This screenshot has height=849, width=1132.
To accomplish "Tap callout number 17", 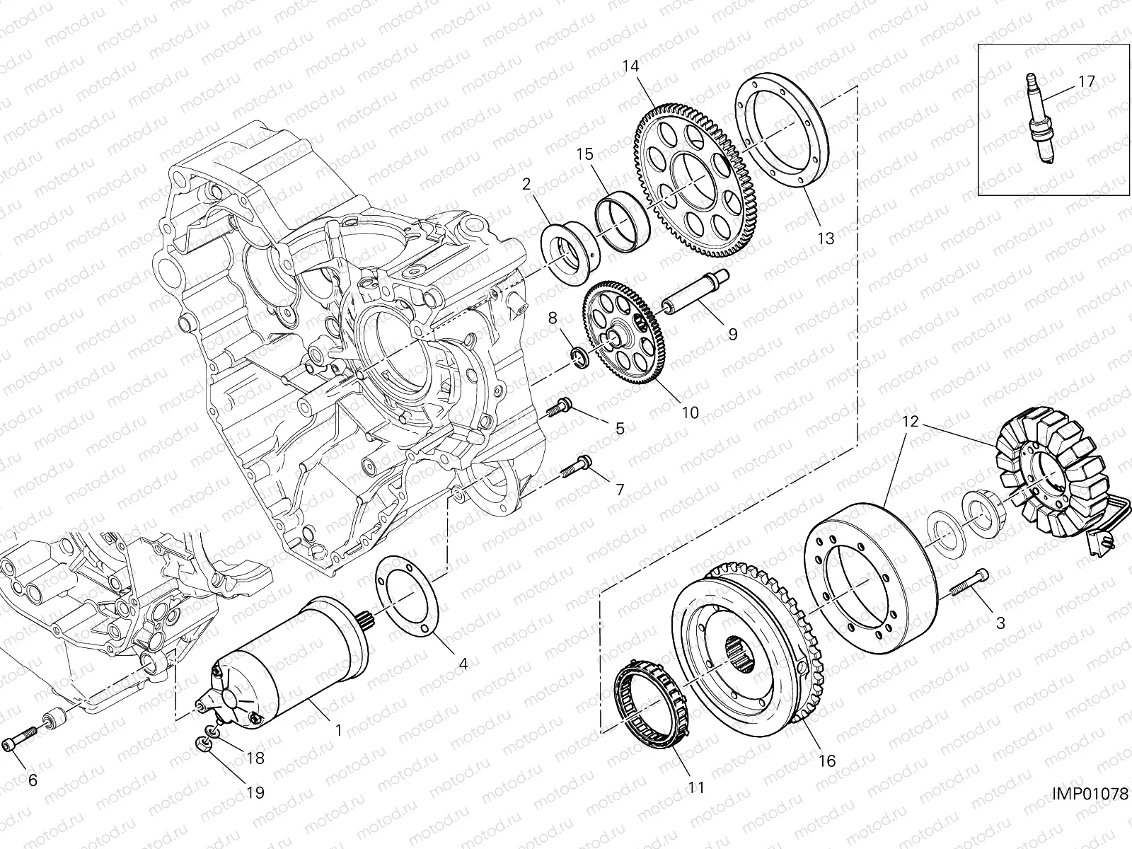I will [1086, 81].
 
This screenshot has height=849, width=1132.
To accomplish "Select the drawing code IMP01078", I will [1090, 795].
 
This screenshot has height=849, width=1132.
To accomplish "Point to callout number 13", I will [826, 238].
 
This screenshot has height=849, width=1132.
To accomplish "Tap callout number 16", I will [826, 761].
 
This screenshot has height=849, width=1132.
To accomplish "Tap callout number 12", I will [910, 422].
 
